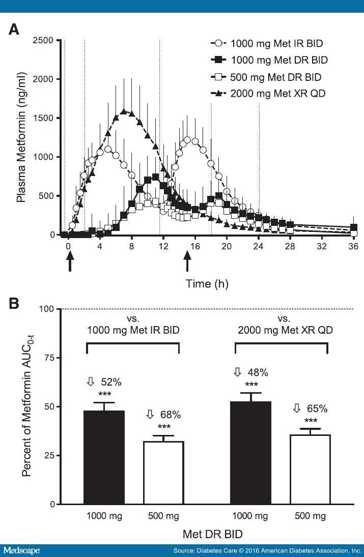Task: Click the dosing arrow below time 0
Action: click(x=70, y=263)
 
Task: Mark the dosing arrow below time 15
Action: click(x=188, y=263)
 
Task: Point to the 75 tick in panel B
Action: click(x=49, y=358)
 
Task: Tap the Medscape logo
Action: click(x=21, y=550)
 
